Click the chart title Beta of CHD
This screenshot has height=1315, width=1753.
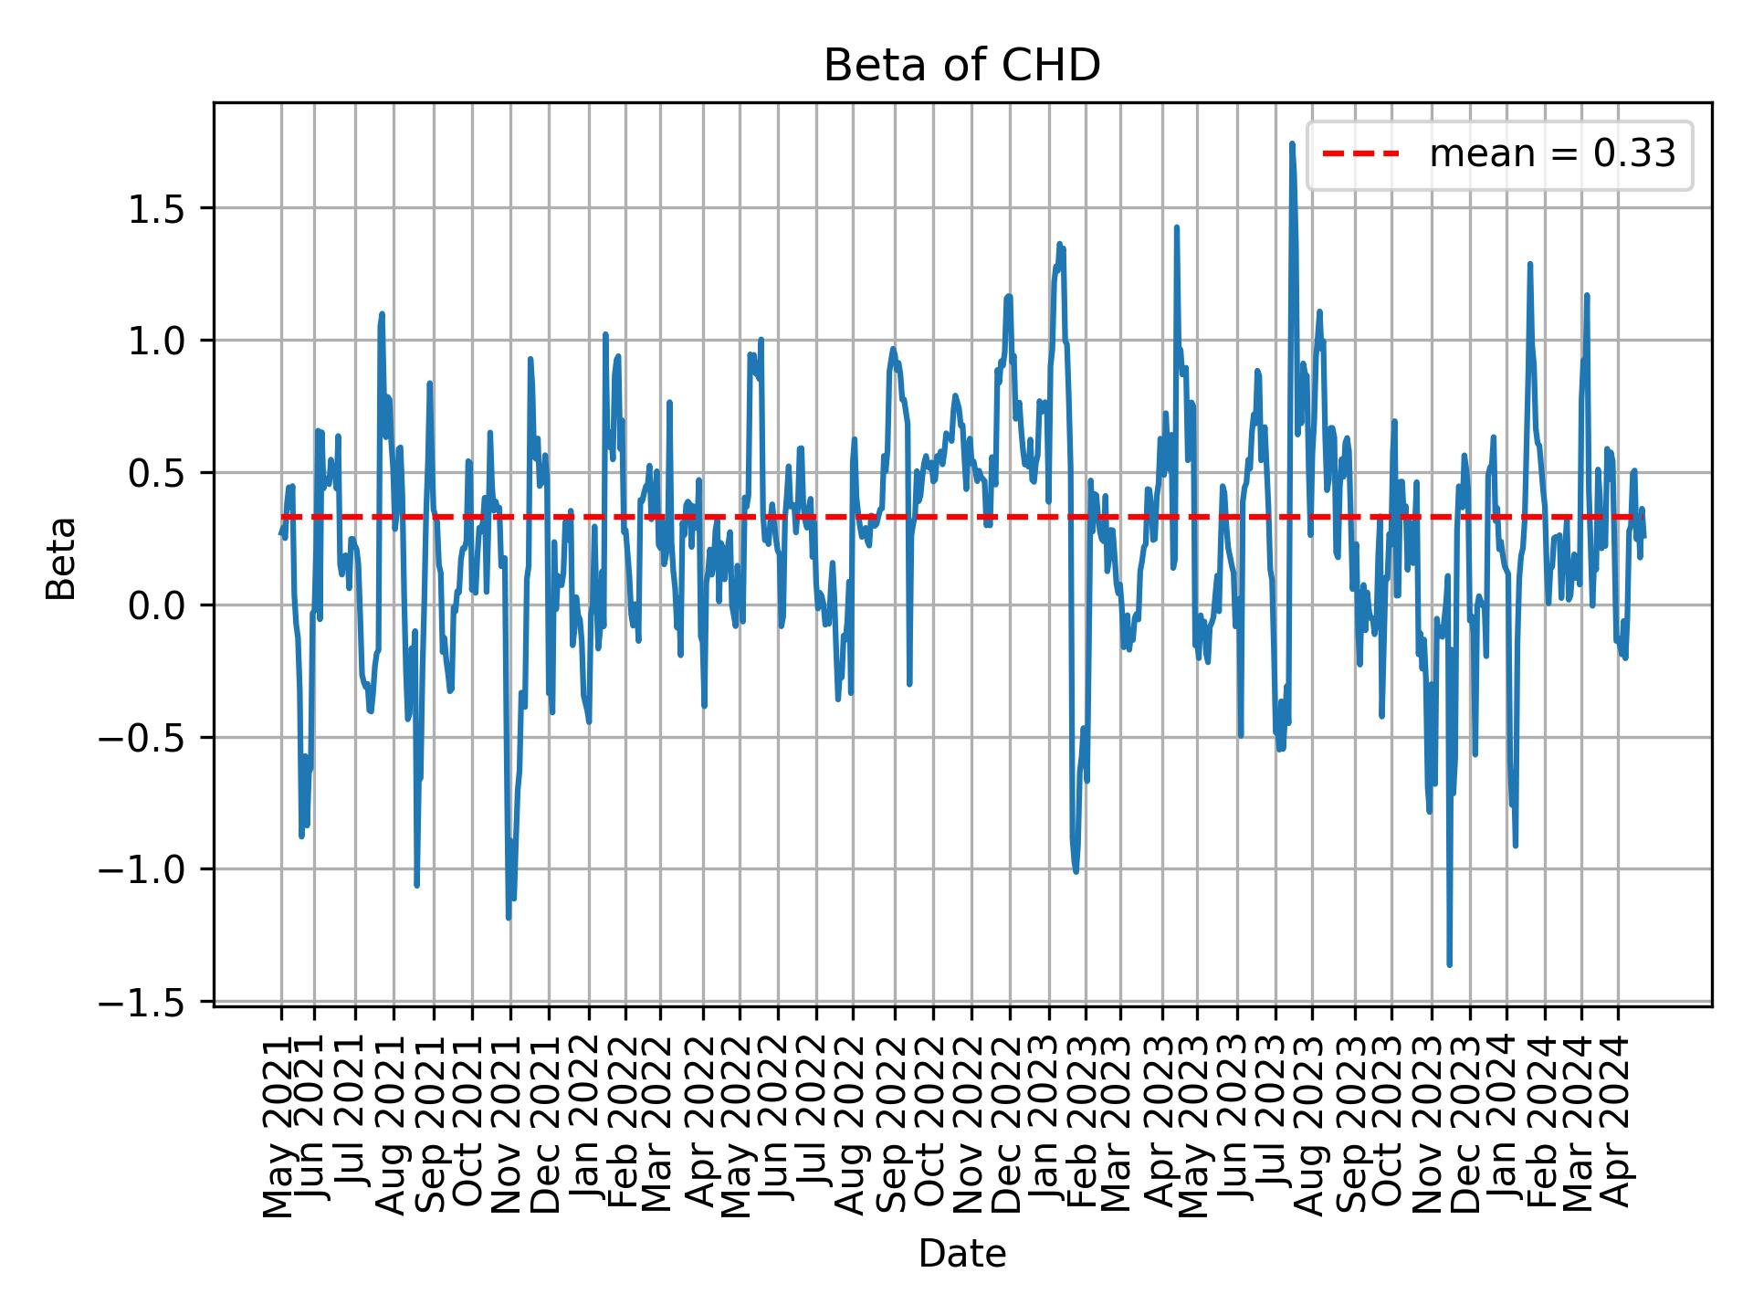(961, 66)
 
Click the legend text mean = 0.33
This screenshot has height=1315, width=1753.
(1552, 154)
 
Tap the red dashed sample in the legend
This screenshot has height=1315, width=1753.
(1360, 154)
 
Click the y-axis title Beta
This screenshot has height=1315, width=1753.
(61, 558)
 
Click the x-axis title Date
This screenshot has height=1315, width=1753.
(961, 1255)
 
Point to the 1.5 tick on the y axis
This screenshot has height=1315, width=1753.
(156, 209)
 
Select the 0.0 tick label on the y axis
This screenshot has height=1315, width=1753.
(156, 605)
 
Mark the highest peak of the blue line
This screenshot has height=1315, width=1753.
(1291, 143)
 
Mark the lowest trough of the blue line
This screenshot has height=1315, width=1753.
(1449, 964)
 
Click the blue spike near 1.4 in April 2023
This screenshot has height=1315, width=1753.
(1176, 227)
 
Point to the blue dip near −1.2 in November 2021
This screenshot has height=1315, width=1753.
(509, 918)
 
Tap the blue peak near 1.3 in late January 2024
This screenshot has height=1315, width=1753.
(1529, 264)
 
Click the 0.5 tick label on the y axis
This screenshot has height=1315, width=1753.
(156, 473)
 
